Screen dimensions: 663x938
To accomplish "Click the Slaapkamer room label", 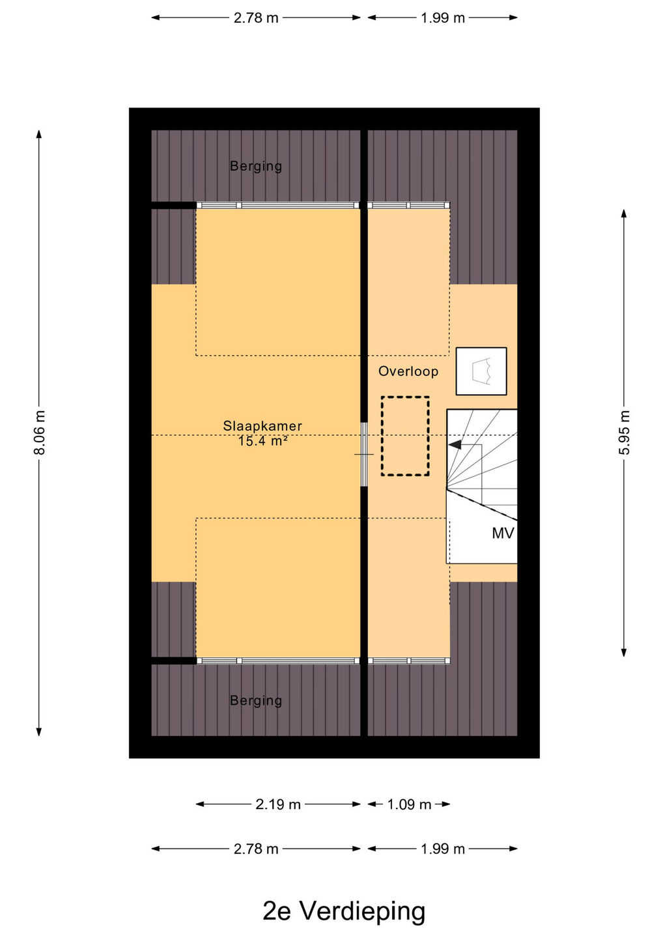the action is (x=262, y=426).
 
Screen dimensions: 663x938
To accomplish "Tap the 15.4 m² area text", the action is (x=262, y=441).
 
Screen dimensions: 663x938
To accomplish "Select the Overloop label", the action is (x=408, y=371).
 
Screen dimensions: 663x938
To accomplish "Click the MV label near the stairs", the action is (x=503, y=533).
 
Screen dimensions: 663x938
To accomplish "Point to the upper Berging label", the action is (x=256, y=166).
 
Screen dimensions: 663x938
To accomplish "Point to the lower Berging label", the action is (x=256, y=700).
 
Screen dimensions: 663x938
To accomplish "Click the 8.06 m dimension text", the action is (x=39, y=433).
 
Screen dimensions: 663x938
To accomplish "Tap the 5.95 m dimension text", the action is (x=624, y=433).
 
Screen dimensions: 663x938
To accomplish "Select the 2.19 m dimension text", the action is (x=278, y=804).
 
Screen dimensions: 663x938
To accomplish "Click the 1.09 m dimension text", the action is (x=409, y=804).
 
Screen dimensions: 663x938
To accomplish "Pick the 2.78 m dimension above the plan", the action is (x=256, y=18).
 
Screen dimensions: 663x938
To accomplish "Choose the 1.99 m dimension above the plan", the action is (x=442, y=18).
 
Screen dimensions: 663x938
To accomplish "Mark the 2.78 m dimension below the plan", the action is (x=256, y=849).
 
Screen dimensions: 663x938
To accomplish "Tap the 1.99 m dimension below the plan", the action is (x=442, y=849).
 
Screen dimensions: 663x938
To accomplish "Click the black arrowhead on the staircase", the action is (x=455, y=445).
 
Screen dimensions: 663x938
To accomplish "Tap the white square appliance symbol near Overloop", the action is (x=481, y=371).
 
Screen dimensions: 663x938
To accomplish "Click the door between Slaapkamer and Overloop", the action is (x=364, y=455).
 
